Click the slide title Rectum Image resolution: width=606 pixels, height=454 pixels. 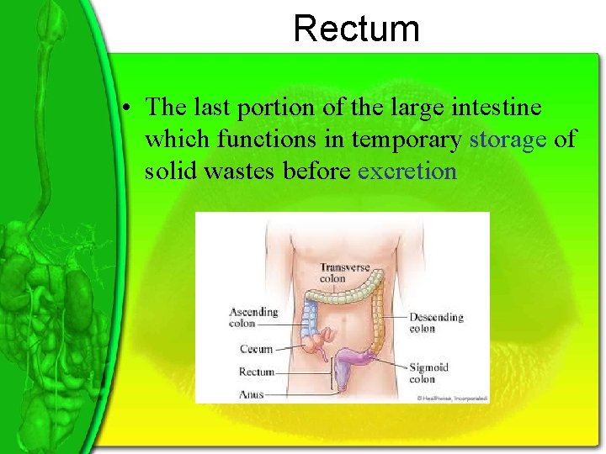[356, 29]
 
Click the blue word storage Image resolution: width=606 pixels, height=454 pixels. [508, 140]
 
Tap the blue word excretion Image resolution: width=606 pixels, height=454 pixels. [407, 172]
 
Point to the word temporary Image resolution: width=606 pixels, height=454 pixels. [407, 140]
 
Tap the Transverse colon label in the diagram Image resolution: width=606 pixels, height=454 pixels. [344, 273]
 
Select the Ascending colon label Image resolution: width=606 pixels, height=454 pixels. [253, 317]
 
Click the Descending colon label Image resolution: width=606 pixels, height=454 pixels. [436, 323]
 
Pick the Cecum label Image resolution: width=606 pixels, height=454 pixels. [256, 349]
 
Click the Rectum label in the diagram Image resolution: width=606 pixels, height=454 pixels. [257, 372]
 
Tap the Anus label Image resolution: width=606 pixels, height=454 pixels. [252, 393]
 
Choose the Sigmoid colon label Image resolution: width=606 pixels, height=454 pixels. [428, 373]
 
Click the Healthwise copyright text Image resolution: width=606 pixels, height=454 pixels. [451, 398]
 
